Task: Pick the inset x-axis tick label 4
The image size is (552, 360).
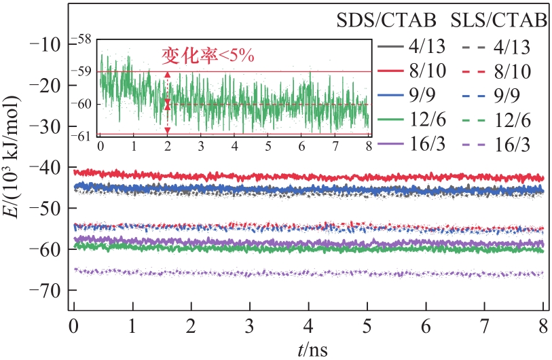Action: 234,145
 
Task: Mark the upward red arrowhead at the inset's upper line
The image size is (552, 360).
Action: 168,75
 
